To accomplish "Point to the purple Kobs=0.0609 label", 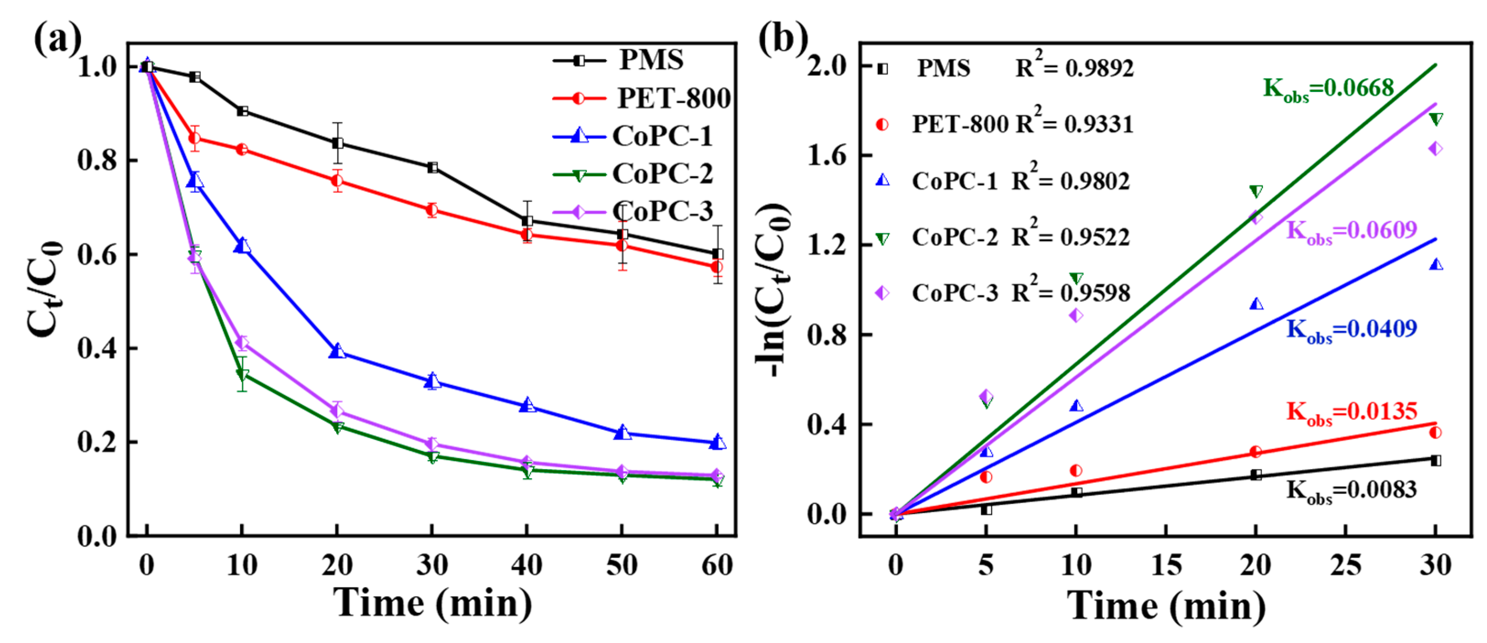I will point(1351,231).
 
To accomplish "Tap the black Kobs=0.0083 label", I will point(1351,491).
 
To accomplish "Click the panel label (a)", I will point(57,39).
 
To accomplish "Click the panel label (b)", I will point(782,39).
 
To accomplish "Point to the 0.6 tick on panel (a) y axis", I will point(97,255).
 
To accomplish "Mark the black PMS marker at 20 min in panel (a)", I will point(338,143).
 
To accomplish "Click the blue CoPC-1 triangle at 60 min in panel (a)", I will point(717,442).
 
